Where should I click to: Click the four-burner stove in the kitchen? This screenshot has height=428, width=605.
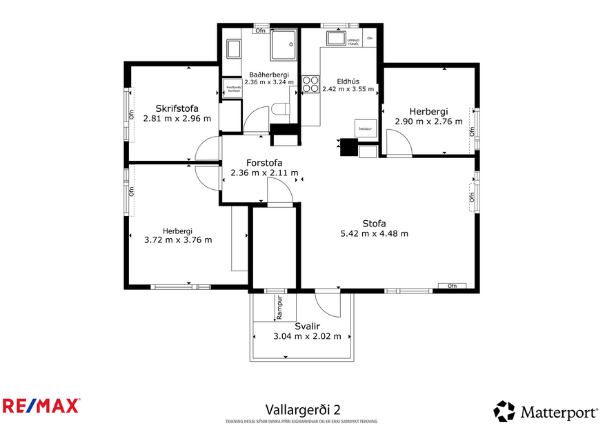[x=310, y=84]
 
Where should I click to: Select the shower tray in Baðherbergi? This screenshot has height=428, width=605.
[x=284, y=45]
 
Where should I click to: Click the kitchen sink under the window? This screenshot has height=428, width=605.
[x=336, y=39]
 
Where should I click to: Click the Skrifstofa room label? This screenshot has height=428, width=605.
[x=177, y=108]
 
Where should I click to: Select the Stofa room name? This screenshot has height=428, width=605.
[x=374, y=223]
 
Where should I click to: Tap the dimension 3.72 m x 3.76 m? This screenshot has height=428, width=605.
[x=177, y=240]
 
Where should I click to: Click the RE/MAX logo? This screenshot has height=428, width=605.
[x=41, y=405]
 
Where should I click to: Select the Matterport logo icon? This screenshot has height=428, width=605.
[x=504, y=411]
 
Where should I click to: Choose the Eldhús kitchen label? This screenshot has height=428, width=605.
[x=348, y=81]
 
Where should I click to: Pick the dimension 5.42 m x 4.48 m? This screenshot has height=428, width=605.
[x=374, y=233]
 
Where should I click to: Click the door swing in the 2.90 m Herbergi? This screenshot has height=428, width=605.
[x=399, y=142]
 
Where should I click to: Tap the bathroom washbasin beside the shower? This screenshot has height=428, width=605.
[x=234, y=48]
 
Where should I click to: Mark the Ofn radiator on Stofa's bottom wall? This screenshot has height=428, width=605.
[x=452, y=286]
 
